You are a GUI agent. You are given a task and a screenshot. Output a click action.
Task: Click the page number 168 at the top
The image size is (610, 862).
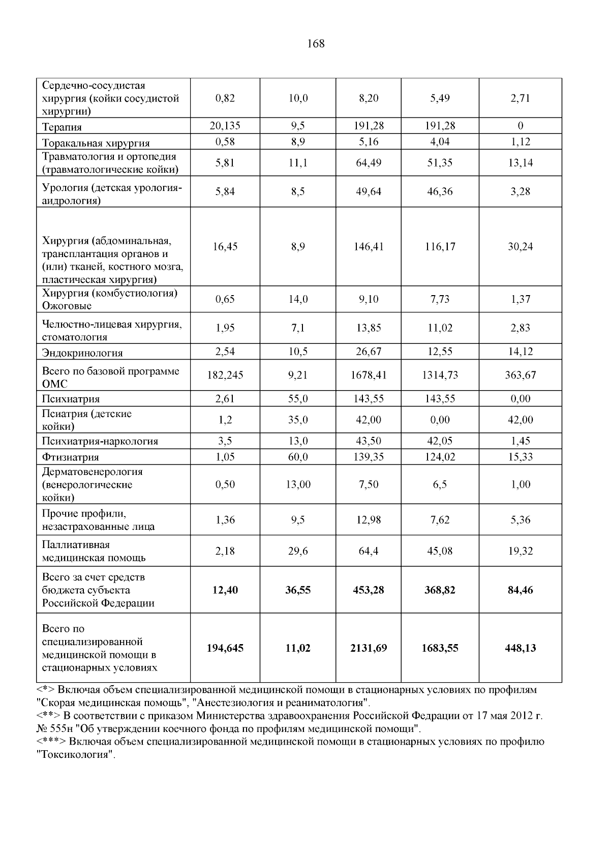[x=316, y=44]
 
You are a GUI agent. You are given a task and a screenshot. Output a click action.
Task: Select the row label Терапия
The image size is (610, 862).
[x=62, y=127]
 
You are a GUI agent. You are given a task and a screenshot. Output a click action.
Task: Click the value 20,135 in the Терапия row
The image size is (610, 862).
[x=225, y=125]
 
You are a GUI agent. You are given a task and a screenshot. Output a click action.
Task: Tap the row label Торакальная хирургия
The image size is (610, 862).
[x=96, y=143]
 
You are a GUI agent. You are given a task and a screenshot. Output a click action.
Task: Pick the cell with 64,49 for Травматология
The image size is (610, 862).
[x=368, y=163]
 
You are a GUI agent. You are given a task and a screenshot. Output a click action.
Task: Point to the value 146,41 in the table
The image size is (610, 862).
[x=368, y=247]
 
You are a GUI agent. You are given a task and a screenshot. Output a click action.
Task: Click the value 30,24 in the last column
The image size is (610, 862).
[x=520, y=247]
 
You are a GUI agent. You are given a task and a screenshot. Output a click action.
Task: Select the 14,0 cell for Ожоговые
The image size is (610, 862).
[x=298, y=299]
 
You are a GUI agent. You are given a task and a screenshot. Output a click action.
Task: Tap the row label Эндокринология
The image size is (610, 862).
[x=82, y=353]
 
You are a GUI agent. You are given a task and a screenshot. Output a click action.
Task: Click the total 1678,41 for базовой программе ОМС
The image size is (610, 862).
[x=368, y=375]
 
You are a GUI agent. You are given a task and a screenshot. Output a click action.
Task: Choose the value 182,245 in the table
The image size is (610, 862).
[x=225, y=375]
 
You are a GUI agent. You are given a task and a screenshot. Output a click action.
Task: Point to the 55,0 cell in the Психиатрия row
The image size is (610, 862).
[x=298, y=399]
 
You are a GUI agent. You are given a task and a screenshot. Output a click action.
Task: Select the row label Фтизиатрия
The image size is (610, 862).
[x=70, y=458]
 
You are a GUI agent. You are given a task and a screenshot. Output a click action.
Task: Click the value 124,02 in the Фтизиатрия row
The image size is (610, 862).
[x=440, y=457]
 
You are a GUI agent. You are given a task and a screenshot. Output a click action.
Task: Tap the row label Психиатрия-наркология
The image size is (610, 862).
[x=100, y=441]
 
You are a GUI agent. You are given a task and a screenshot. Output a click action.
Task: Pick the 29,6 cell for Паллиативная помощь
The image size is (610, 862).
[x=298, y=551]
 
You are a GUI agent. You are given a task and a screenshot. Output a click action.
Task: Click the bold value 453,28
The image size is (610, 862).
[x=368, y=590]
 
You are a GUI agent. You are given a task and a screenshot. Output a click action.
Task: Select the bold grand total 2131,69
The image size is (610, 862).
[x=368, y=648]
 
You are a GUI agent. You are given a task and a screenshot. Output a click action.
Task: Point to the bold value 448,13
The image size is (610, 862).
[x=520, y=648]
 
